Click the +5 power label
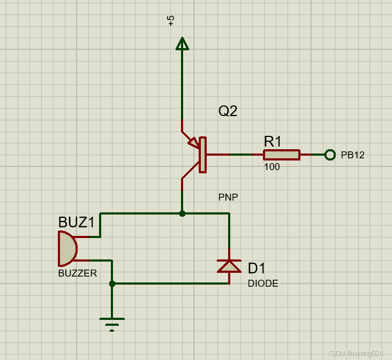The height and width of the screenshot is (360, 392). (171, 21)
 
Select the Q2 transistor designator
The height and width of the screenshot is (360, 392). (227, 111)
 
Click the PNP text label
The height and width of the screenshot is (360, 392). (228, 197)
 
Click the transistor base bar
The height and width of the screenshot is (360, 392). (202, 155)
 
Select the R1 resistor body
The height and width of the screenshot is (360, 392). (281, 155)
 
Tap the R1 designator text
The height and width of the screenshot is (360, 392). (273, 142)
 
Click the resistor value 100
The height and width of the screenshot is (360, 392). (272, 167)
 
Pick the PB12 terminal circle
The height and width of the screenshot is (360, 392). (330, 155)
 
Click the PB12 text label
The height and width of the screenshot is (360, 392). (352, 155)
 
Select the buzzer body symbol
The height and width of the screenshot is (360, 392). (67, 248)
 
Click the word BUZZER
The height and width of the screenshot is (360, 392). (78, 273)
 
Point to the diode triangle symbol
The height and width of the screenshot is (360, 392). (229, 266)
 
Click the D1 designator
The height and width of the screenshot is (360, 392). (257, 268)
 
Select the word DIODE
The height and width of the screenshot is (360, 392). (263, 284)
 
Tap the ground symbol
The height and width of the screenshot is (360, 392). (112, 323)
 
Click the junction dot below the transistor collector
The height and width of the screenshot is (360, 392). (182, 213)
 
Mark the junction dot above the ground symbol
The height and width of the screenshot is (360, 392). (112, 284)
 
